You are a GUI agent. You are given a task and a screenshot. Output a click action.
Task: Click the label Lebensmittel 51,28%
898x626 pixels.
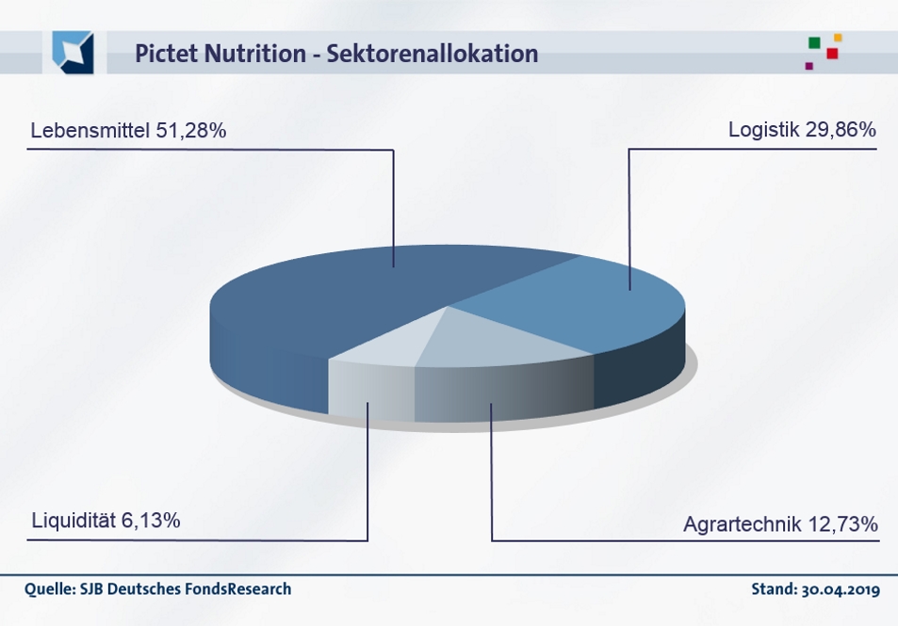click(x=128, y=131)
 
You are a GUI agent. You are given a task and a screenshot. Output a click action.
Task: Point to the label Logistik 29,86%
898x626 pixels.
click(x=802, y=131)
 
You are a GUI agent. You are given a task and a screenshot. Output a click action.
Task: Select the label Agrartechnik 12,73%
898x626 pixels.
click(x=780, y=522)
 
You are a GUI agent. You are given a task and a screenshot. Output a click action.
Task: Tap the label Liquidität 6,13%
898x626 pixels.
click(x=106, y=520)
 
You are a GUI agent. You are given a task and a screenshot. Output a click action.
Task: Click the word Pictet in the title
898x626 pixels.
click(x=163, y=54)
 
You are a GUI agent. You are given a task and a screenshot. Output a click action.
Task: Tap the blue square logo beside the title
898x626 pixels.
click(x=73, y=52)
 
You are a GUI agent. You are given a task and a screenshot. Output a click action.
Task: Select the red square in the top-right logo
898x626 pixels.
click(x=832, y=53)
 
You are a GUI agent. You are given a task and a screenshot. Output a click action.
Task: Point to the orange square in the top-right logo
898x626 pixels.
click(x=838, y=38)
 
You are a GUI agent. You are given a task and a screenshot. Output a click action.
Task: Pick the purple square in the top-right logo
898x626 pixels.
click(x=808, y=66)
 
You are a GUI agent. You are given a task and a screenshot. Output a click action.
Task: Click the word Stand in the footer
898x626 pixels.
click(x=771, y=590)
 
